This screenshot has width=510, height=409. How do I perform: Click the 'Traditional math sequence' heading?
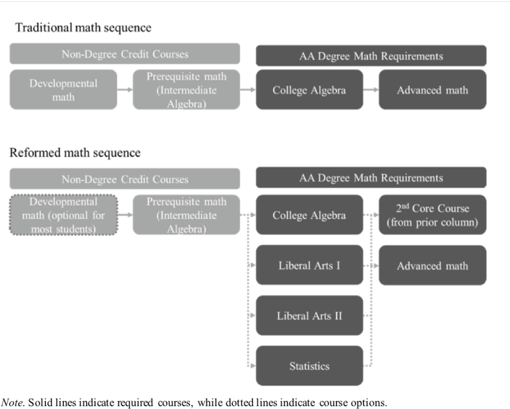pyautogui.click(x=83, y=28)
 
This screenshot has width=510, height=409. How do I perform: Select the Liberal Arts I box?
pyautogui.click(x=309, y=265)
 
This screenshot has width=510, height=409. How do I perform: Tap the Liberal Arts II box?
pyautogui.click(x=309, y=316)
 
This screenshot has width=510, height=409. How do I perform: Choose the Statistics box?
pyautogui.click(x=309, y=366)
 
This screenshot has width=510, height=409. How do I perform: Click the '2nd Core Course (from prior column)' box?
pyautogui.click(x=432, y=215)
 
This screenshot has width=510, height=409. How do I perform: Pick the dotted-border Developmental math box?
pyautogui.click(x=63, y=215)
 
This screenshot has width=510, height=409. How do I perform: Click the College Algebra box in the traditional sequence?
pyautogui.click(x=309, y=90)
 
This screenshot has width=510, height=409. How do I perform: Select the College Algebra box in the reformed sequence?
pyautogui.click(x=309, y=215)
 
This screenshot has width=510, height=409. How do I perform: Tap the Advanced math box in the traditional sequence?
pyautogui.click(x=432, y=90)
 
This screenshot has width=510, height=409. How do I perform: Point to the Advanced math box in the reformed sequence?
pyautogui.click(x=432, y=265)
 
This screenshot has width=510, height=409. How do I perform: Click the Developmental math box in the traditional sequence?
pyautogui.click(x=63, y=90)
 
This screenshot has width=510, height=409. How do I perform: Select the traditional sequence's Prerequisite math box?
pyautogui.click(x=187, y=90)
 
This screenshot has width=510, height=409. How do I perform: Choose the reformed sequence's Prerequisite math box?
pyautogui.click(x=187, y=215)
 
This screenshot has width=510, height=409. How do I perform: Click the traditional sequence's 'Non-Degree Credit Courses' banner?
pyautogui.click(x=125, y=54)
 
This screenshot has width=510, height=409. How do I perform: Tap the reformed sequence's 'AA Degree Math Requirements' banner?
pyautogui.click(x=371, y=178)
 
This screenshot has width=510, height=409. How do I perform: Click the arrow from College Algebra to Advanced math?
pyautogui.click(x=371, y=90)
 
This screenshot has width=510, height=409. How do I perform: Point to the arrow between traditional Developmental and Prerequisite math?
pyautogui.click(x=125, y=90)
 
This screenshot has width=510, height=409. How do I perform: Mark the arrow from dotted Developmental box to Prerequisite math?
pyautogui.click(x=125, y=215)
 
